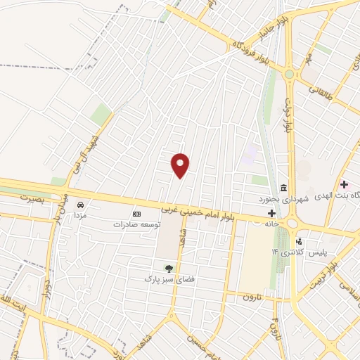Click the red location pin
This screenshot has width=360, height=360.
pos(181,165)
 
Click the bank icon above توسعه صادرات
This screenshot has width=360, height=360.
pos(136,214)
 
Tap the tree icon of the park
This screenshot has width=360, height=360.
pos(168,269)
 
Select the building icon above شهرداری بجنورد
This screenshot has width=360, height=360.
pos(283,187)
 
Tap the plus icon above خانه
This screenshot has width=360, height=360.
pos(271,212)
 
